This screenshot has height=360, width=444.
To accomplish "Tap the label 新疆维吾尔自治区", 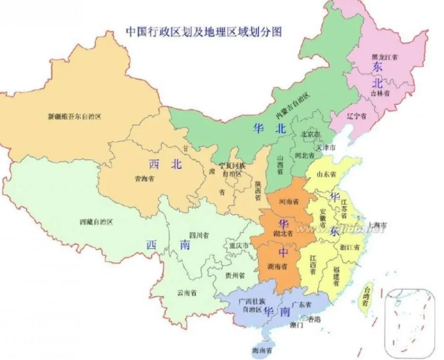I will [x=75, y=116].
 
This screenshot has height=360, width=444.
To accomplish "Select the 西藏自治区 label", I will [x=96, y=222].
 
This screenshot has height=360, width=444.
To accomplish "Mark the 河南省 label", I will [x=288, y=203].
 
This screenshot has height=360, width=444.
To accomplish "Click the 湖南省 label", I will [x=277, y=267].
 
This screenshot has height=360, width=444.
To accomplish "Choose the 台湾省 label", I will [x=365, y=296].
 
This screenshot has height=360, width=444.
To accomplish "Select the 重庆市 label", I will [x=239, y=245].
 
